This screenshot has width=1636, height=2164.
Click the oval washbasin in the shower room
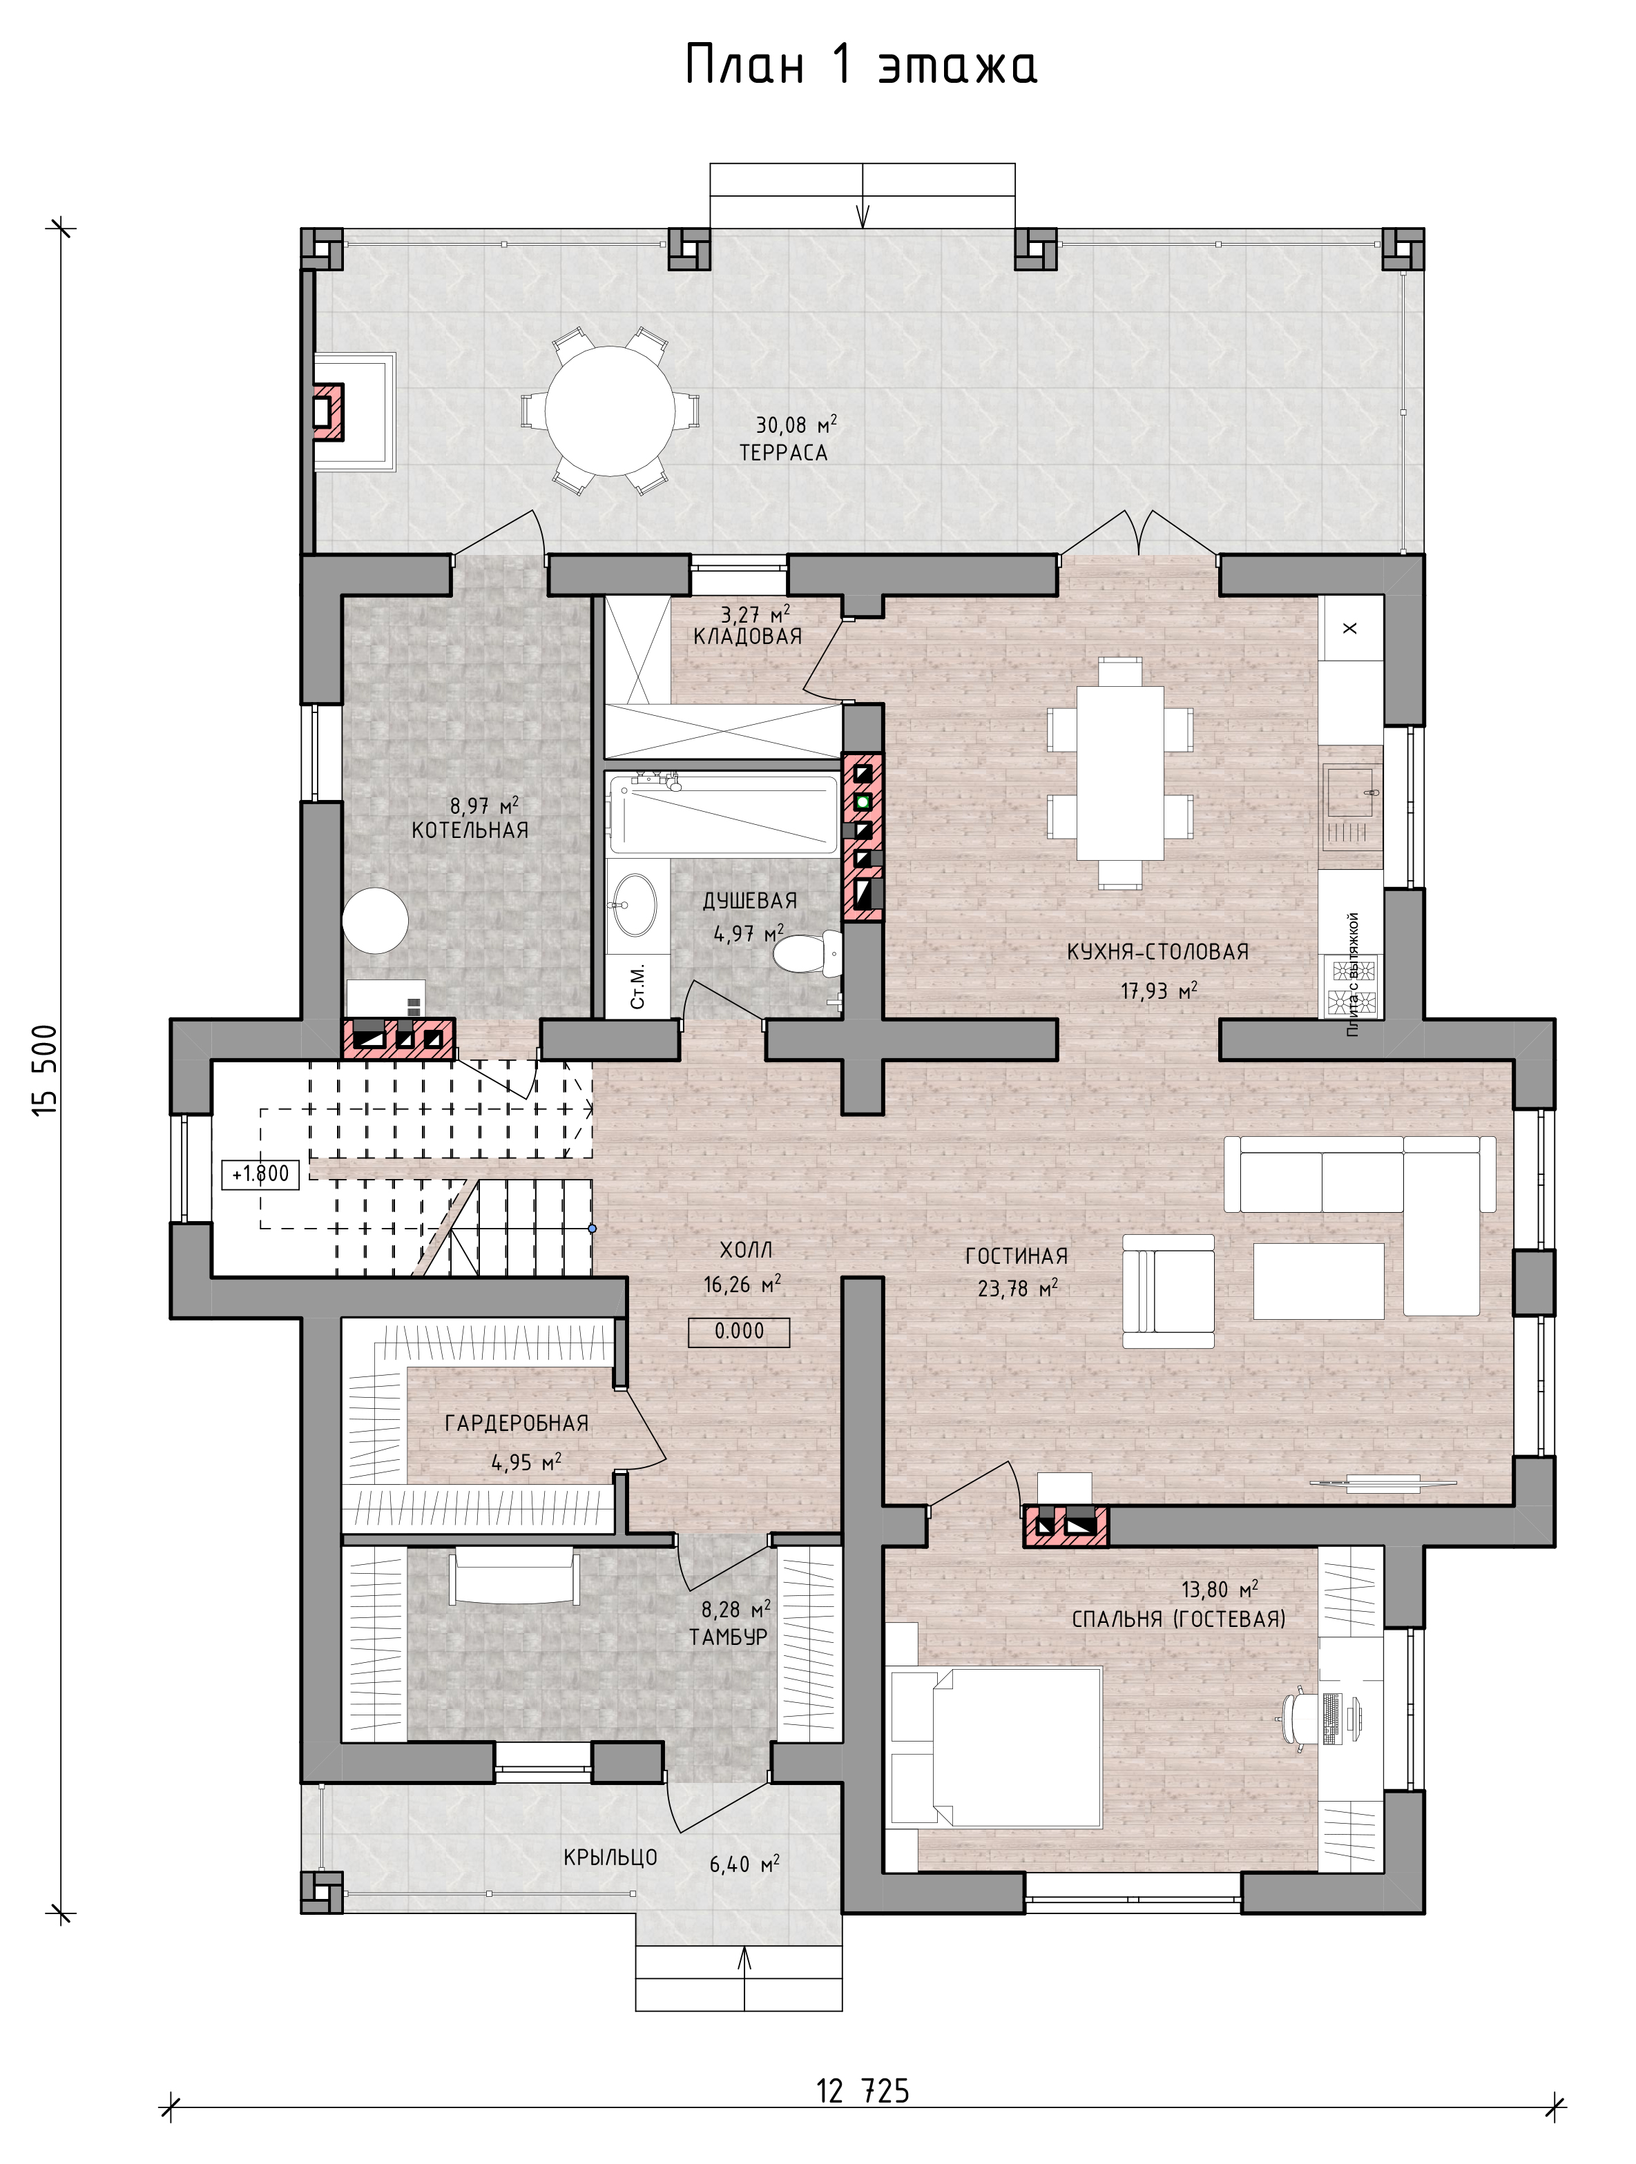(634, 904)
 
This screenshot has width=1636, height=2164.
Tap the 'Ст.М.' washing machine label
(637, 986)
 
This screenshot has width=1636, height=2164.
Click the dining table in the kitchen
(1120, 773)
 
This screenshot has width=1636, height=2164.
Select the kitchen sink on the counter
(1351, 792)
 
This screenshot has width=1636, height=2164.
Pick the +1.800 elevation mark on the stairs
(260, 1174)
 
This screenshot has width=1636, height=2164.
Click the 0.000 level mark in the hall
(739, 1332)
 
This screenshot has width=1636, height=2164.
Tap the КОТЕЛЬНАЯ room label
(470, 830)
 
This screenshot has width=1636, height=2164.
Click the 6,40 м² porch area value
(744, 1864)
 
